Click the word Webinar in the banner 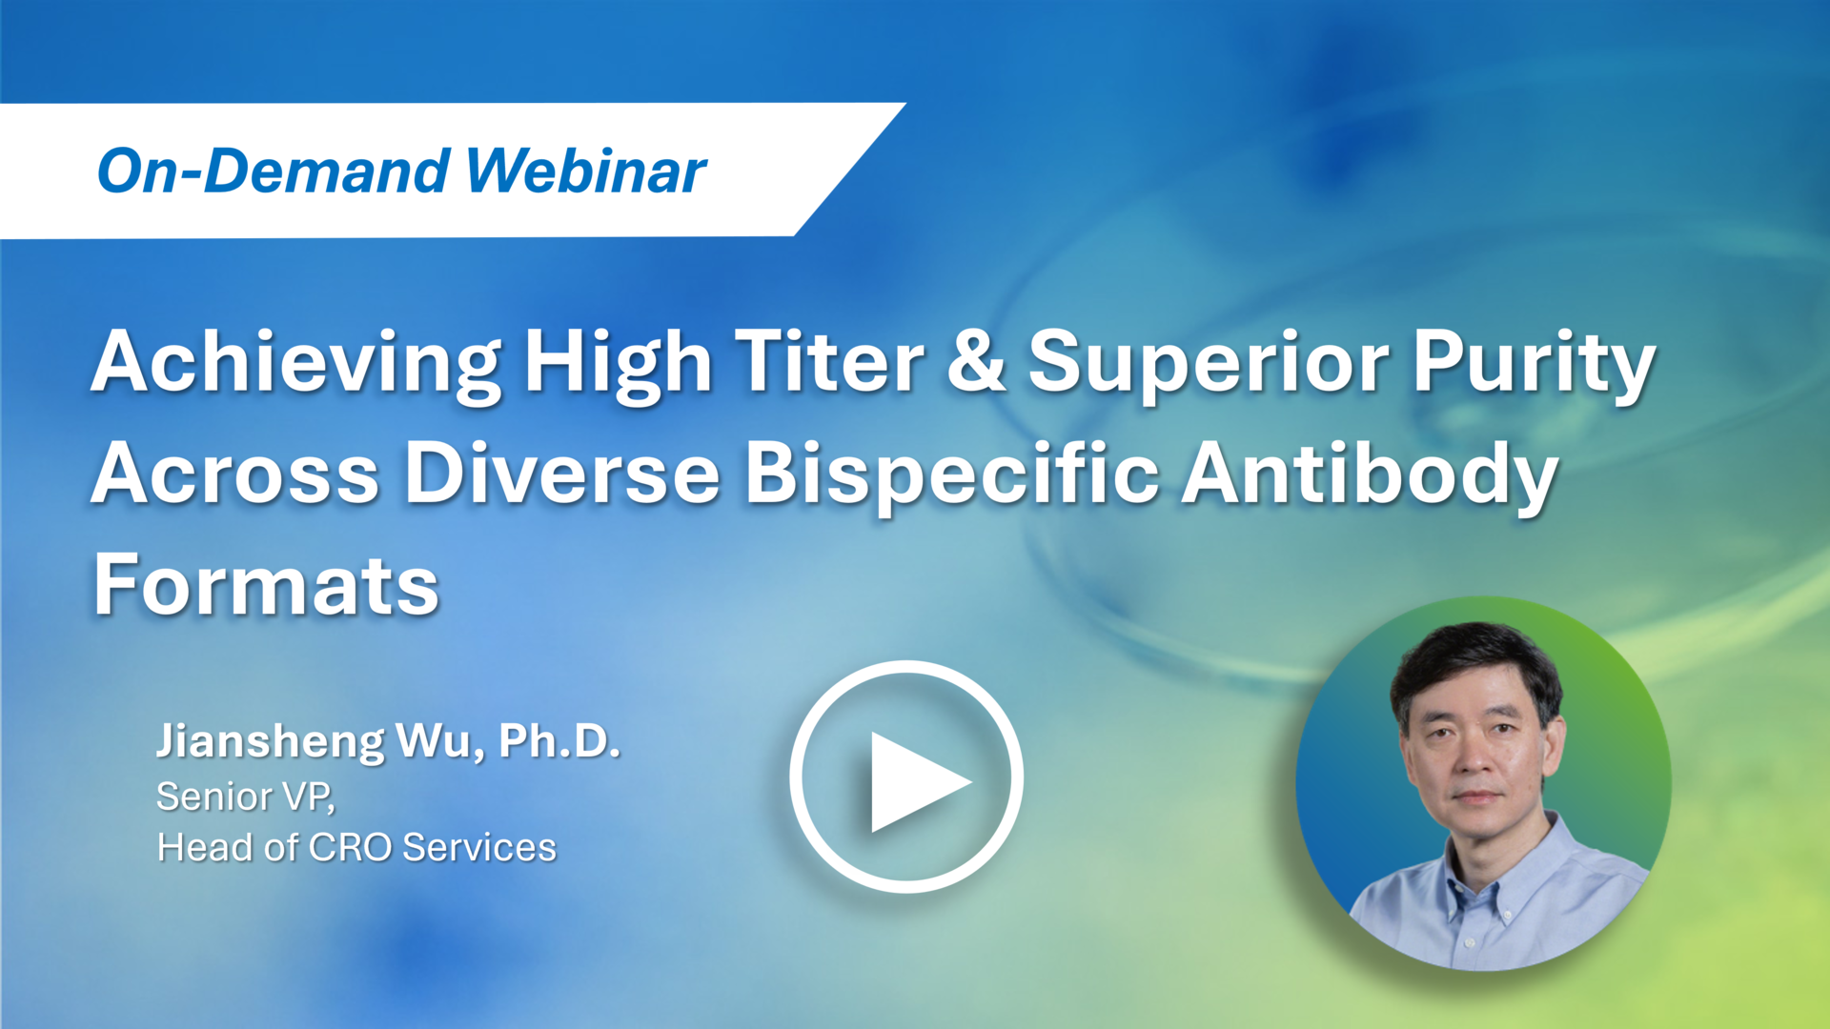click(x=586, y=171)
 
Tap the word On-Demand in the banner click(x=274, y=171)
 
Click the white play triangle click(x=913, y=780)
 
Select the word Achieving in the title click(x=295, y=364)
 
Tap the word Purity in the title click(x=1533, y=364)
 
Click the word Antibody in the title click(x=1370, y=474)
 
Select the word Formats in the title click(x=266, y=585)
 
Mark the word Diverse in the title click(x=561, y=474)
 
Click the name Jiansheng click(x=270, y=742)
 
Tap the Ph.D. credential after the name click(x=559, y=740)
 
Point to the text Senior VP click(x=245, y=797)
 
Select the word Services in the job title click(x=478, y=847)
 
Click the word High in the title click(x=618, y=364)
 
